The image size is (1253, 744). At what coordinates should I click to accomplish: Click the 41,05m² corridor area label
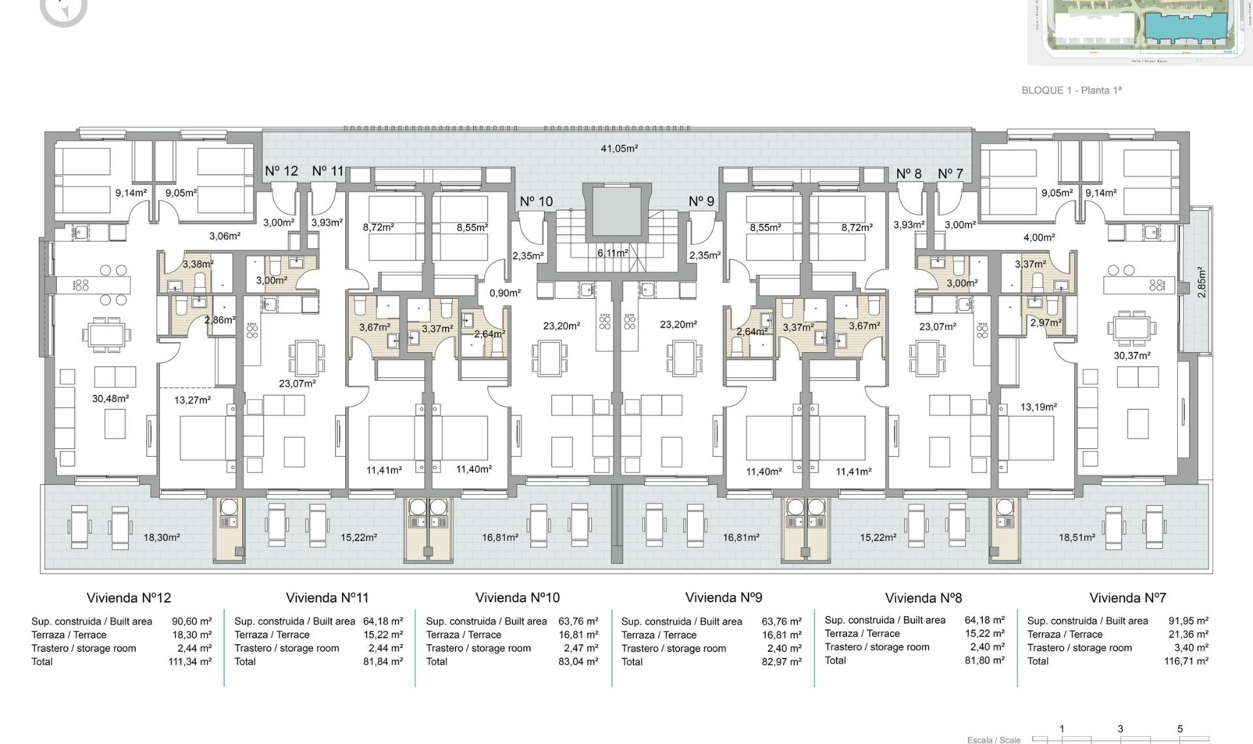(x=619, y=149)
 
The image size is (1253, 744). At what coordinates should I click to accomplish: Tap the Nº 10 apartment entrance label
(x=536, y=202)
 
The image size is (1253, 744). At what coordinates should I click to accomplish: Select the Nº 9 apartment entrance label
(x=702, y=202)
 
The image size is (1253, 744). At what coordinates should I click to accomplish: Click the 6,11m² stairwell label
(x=613, y=253)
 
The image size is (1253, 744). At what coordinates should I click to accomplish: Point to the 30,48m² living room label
(x=110, y=399)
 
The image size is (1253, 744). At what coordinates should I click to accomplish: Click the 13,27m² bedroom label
(x=192, y=400)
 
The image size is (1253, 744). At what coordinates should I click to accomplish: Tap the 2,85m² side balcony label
(x=1201, y=282)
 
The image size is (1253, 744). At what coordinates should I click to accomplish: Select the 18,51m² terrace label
(x=1077, y=538)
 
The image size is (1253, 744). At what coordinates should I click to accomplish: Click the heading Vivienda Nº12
(x=129, y=598)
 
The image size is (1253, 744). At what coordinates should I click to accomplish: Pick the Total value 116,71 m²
(x=1186, y=661)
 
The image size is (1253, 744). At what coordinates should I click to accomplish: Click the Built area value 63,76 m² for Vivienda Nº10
(x=578, y=621)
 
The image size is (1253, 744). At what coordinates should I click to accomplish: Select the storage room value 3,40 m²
(x=1191, y=647)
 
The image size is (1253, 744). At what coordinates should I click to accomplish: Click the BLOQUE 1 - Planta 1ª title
(x=1071, y=90)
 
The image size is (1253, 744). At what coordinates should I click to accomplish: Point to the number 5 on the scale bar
(x=1179, y=729)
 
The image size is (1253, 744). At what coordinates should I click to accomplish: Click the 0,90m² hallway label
(x=505, y=294)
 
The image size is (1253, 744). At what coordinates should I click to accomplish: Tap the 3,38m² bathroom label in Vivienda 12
(x=198, y=264)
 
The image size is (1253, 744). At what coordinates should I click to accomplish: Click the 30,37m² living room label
(x=1132, y=356)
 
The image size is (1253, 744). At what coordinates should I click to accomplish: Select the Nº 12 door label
(x=281, y=171)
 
